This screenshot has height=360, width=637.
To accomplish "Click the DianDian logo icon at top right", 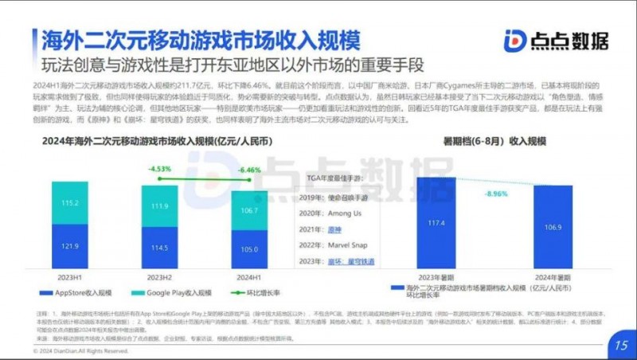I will point(515,41).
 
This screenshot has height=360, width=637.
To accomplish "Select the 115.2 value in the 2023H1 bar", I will point(70,203).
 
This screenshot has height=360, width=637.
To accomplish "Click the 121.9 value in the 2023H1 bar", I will point(70,247).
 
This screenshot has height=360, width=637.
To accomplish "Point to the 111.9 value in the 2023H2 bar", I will point(160,205).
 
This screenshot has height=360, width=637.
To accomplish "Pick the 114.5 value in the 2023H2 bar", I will point(160,248).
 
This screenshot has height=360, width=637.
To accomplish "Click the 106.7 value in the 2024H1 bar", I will point(249,210).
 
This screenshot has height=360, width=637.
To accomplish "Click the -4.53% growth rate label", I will point(160,168).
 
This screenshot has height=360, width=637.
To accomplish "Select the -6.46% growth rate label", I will point(249,170).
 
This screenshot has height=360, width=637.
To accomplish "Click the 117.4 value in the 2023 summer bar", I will point(436,222).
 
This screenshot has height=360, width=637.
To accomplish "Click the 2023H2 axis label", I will point(160,279).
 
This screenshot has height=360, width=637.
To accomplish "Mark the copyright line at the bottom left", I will point(80,350).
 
